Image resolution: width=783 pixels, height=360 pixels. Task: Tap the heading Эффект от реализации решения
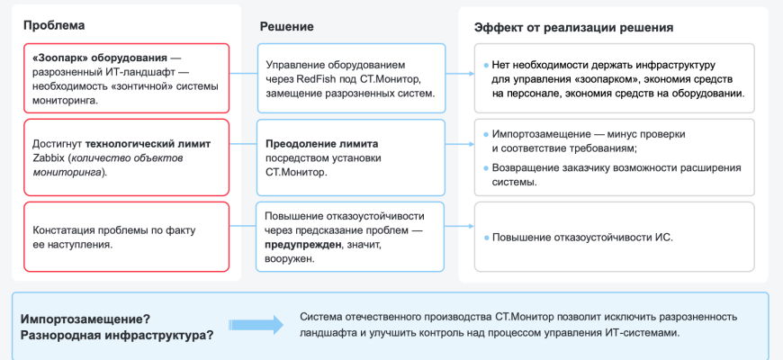click(x=574, y=27)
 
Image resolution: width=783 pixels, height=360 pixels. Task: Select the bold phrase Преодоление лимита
click(x=322, y=143)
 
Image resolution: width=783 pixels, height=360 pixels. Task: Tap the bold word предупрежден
click(x=302, y=245)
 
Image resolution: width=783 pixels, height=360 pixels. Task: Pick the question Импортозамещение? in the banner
click(x=85, y=318)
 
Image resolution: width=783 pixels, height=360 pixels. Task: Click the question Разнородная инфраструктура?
click(x=117, y=335)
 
